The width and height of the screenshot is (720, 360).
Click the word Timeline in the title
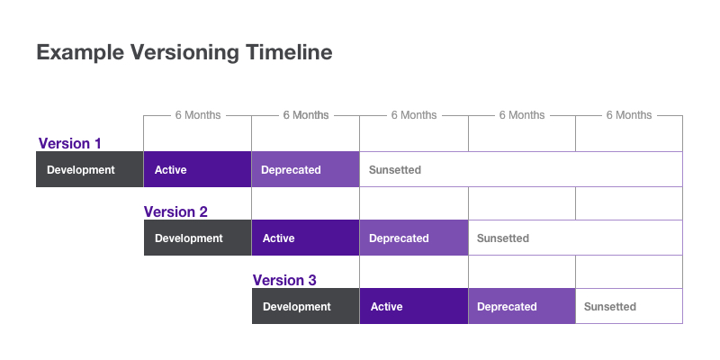tap(289, 52)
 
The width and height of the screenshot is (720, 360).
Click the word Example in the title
tap(80, 53)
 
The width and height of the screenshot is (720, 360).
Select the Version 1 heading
tap(70, 143)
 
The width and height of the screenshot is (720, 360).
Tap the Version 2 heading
tap(175, 211)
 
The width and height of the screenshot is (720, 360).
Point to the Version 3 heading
tap(284, 280)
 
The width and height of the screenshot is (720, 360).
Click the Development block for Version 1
tap(89, 169)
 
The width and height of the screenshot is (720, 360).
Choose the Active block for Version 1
tap(197, 169)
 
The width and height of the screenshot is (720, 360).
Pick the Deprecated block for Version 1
tap(305, 169)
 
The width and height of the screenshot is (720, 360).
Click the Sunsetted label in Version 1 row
tap(395, 170)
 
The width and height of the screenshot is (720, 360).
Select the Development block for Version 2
tap(197, 238)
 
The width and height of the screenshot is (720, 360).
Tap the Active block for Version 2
tap(305, 238)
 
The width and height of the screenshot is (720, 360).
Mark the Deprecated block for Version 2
tap(414, 238)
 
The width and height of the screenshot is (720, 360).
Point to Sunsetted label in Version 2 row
tap(503, 238)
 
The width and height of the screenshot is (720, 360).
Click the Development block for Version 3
tap(305, 306)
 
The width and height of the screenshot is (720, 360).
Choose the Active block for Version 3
tap(414, 306)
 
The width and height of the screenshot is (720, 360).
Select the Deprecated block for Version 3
tap(522, 306)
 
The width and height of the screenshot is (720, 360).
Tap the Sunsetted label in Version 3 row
tap(610, 307)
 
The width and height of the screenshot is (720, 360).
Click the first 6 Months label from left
tap(198, 115)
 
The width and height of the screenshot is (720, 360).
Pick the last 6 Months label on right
tap(629, 115)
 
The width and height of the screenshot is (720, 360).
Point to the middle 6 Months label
tap(414, 115)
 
